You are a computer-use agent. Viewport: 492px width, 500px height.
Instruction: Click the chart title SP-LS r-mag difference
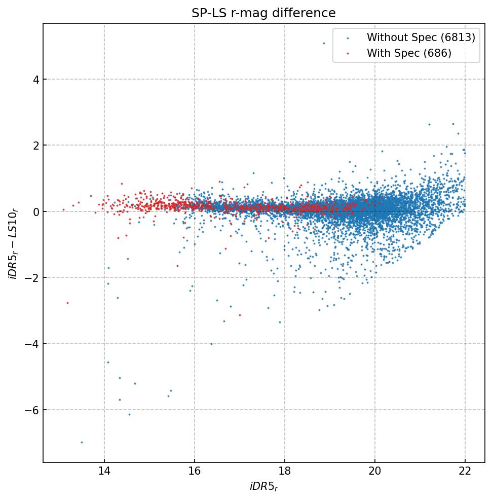pyautogui.click(x=263, y=13)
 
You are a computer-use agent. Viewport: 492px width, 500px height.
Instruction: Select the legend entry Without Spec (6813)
pyautogui.click(x=421, y=38)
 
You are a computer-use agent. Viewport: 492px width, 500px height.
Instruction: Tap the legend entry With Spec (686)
pyautogui.click(x=408, y=53)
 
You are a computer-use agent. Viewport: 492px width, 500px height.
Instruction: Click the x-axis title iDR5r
pyautogui.click(x=263, y=487)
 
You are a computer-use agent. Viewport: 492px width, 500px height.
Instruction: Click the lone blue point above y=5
pyautogui.click(x=324, y=43)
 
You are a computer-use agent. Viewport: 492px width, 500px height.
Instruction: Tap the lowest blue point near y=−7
pyautogui.click(x=82, y=442)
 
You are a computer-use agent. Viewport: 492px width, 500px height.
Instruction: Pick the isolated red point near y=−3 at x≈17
pyautogui.click(x=240, y=315)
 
